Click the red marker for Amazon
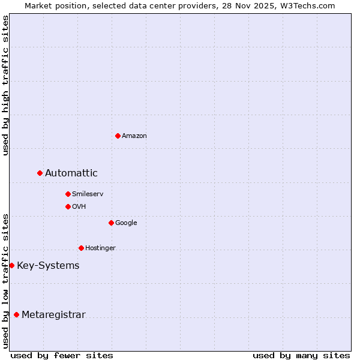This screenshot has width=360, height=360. [118, 136]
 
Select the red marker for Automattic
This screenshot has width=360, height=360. [40, 173]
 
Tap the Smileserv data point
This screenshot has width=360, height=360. [68, 194]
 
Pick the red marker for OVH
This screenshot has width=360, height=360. [68, 206]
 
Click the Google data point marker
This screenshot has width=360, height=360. [111, 223]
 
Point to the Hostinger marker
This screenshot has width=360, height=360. [81, 248]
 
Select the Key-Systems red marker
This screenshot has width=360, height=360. [11, 265]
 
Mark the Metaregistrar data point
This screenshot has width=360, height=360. [16, 314]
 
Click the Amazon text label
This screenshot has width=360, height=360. [134, 136]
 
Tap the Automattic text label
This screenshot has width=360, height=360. [71, 173]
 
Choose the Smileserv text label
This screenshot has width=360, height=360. [88, 194]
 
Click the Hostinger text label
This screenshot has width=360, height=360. [100, 248]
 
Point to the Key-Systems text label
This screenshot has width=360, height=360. [48, 266]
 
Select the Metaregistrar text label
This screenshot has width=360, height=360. [53, 315]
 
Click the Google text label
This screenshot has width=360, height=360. [126, 223]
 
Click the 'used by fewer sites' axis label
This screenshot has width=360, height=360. [62, 355]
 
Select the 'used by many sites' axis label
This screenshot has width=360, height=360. [301, 355]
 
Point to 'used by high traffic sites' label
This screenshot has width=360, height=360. [5, 85]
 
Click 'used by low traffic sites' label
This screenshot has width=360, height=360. [5, 281]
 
